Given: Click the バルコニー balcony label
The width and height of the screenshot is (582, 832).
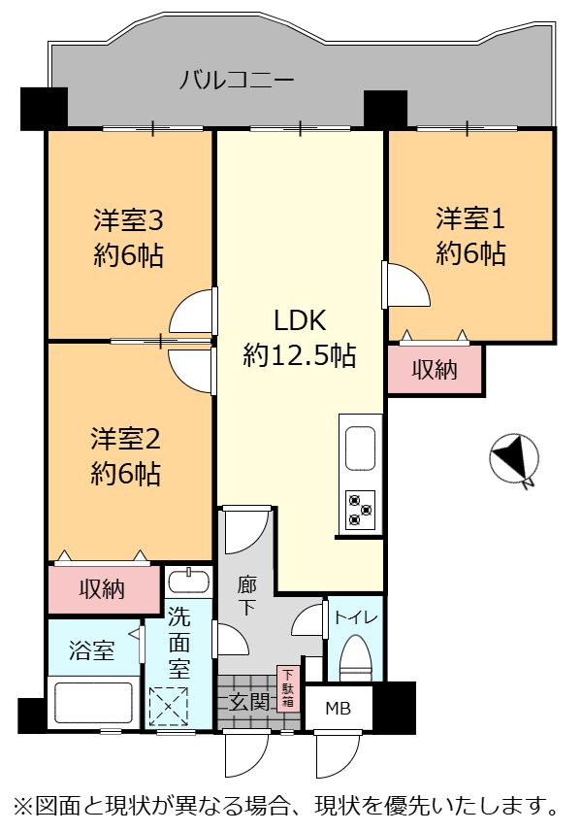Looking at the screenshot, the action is click(x=237, y=81).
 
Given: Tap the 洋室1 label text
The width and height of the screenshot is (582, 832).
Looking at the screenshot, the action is click(x=470, y=219).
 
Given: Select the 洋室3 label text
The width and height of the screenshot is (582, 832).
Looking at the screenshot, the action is click(x=128, y=220).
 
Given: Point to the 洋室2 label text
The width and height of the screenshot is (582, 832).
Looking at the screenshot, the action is click(x=126, y=439).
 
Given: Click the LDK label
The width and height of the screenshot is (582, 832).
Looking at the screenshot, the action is click(x=300, y=321).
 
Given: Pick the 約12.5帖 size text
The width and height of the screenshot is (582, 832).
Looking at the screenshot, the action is click(x=300, y=355).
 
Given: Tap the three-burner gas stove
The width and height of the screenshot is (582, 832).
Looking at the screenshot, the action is click(x=361, y=510).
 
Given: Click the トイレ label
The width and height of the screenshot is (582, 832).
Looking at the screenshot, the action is click(x=356, y=617).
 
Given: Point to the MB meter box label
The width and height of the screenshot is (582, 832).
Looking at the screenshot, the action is click(x=339, y=708).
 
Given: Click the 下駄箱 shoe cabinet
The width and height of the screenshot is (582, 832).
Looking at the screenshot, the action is click(x=288, y=688).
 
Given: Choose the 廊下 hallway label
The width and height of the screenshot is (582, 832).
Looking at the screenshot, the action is click(x=246, y=596).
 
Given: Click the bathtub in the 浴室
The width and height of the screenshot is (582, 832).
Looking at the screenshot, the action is click(x=93, y=703).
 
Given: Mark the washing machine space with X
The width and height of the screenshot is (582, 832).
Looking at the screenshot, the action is click(x=169, y=707).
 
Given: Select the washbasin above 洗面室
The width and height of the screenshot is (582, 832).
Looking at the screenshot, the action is click(x=187, y=580).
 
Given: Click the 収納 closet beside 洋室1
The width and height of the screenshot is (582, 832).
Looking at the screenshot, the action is click(x=435, y=370).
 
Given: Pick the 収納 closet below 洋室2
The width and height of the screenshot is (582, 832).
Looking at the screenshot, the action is click(x=102, y=589).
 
